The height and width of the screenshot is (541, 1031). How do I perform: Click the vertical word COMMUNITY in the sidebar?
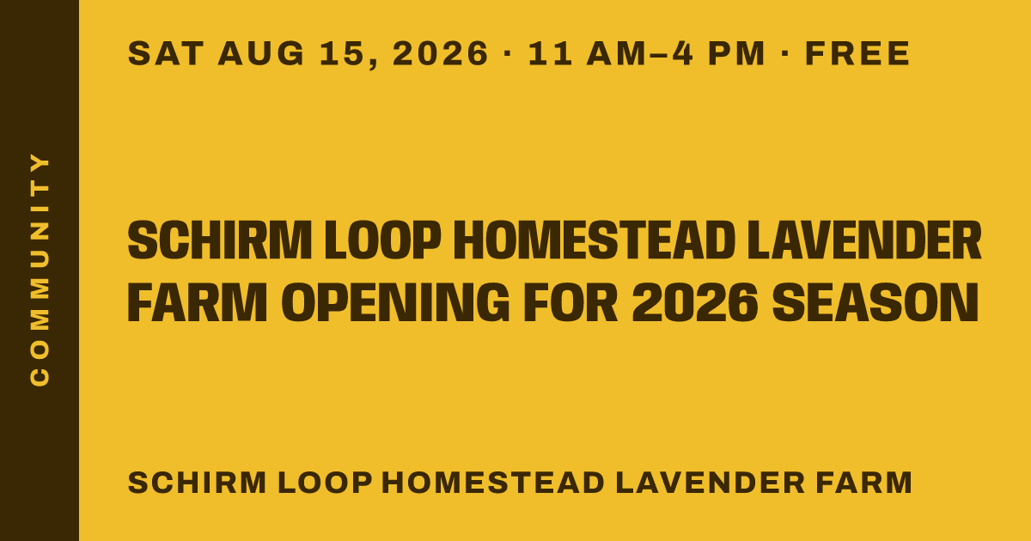pos(40,270)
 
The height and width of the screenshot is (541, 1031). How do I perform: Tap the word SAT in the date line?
pos(166,53)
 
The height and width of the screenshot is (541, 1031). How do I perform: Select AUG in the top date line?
pos(261,53)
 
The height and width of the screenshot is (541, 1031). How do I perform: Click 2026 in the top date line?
pos(440,53)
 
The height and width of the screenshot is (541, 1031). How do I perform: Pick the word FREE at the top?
pos(857,53)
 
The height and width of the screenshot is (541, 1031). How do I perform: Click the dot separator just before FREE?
pos(785,54)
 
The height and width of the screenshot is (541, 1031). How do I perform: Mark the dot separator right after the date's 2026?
pos(508,54)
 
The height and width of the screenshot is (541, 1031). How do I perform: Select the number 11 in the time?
pos(550,53)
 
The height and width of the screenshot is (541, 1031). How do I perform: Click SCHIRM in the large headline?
pos(220,240)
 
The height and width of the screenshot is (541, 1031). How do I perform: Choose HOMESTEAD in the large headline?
pos(595,240)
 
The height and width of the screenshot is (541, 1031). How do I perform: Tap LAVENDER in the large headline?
pos(864,240)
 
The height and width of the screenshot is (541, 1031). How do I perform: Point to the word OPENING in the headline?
pos(395,302)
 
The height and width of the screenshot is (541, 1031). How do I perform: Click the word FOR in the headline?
pos(570,302)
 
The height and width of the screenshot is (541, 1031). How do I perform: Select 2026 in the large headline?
pos(695,302)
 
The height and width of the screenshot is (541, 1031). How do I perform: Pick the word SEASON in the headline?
pos(875,302)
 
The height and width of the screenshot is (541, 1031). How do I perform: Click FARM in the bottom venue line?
pos(864,483)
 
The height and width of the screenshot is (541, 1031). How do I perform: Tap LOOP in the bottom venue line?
pos(325,483)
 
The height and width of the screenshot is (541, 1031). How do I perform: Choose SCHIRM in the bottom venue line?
pos(197,483)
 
